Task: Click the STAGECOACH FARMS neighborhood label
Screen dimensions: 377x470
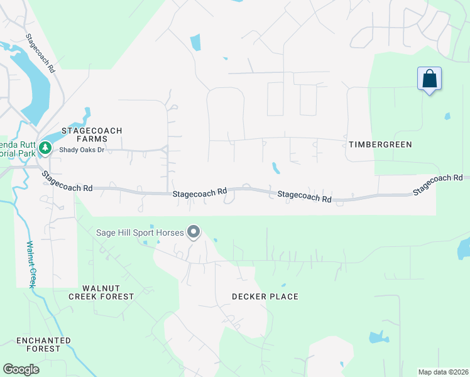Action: pos(92,134)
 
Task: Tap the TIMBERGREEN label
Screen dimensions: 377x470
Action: pos(380,145)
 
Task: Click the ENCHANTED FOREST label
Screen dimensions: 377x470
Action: pos(43,344)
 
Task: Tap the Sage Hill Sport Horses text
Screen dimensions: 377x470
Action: pos(139,232)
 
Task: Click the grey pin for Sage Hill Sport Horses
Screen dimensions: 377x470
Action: pos(194,232)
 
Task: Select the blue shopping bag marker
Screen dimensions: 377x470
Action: pos(429,79)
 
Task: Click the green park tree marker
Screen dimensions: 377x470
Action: pos(45,148)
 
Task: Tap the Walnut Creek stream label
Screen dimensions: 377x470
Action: pos(30,264)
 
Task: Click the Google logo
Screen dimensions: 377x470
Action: pos(21,369)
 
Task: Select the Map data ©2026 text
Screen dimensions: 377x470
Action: pos(442,371)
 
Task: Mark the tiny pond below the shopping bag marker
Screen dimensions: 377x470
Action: pos(447,116)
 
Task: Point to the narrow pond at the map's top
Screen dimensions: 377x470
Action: pos(195,43)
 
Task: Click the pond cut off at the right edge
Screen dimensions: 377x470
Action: pos(464,248)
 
